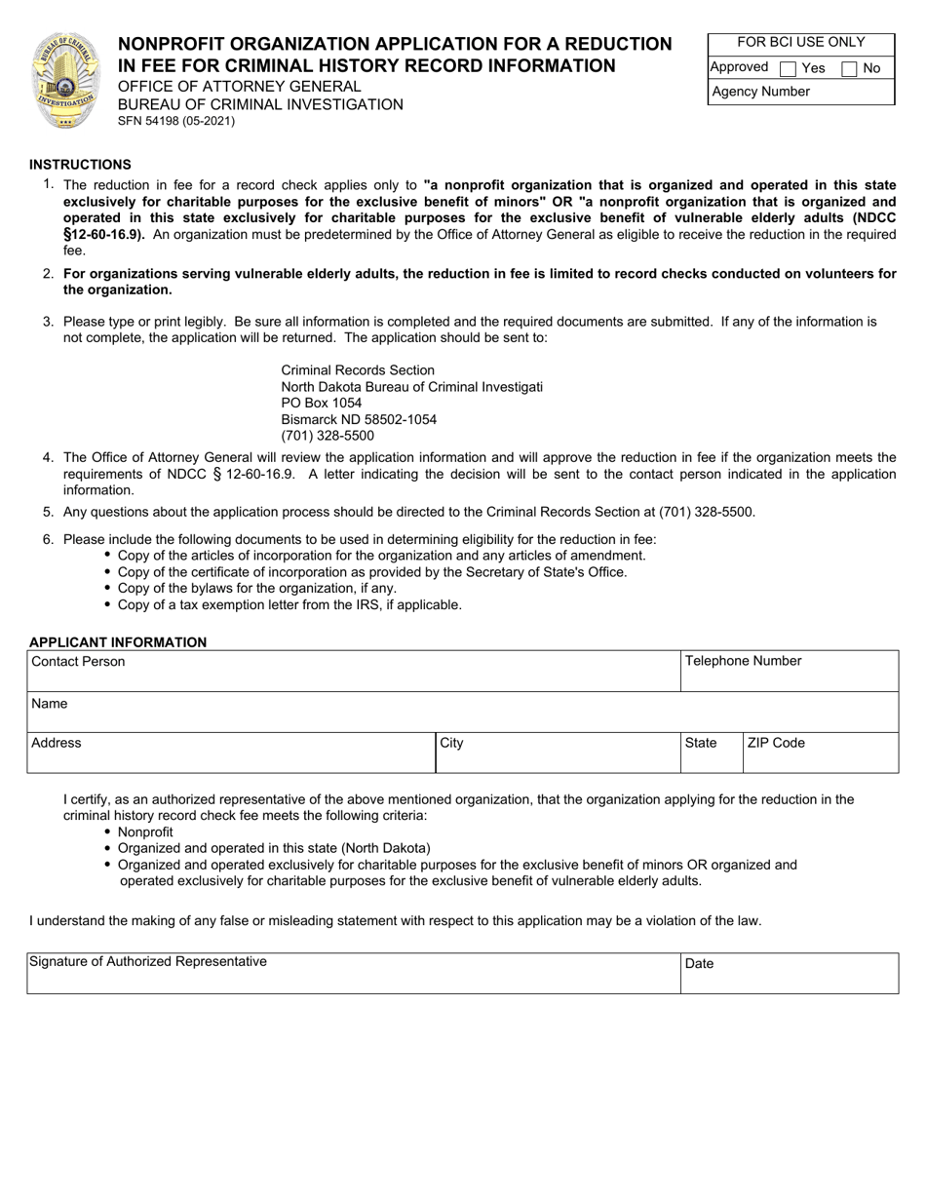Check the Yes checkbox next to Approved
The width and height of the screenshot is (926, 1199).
(x=789, y=69)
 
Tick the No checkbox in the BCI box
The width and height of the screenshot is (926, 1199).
(x=848, y=69)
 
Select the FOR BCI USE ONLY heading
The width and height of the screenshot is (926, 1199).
(x=800, y=43)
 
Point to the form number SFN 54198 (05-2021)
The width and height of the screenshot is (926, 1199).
(x=176, y=122)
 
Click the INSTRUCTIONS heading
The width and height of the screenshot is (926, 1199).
(x=80, y=165)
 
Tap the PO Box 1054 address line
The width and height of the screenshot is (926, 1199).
(x=321, y=403)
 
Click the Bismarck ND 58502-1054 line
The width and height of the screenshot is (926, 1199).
(x=359, y=419)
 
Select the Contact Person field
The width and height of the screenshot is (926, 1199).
(x=353, y=673)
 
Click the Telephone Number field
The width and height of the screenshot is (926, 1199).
(x=789, y=673)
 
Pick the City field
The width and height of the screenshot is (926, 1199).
(x=557, y=754)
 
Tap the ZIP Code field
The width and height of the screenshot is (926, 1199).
(x=820, y=754)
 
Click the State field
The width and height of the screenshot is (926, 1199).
(x=712, y=754)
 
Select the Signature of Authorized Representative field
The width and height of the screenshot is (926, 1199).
(x=353, y=974)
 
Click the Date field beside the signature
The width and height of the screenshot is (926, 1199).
(x=789, y=974)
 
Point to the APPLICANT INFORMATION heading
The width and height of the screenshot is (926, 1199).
(x=118, y=642)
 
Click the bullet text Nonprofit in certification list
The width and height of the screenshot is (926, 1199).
(x=145, y=832)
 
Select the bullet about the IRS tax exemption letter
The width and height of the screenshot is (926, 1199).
(x=289, y=604)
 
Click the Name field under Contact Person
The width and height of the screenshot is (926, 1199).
(x=462, y=713)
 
